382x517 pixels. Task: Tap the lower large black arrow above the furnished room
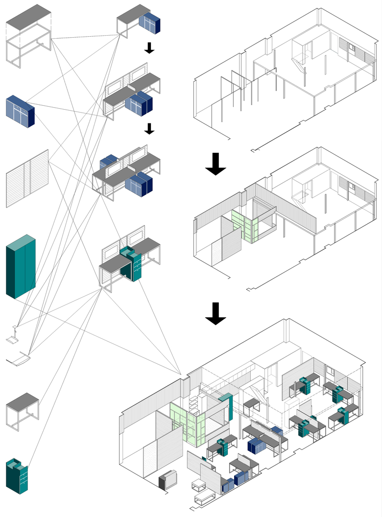[215, 313]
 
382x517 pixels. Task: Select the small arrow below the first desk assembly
[150, 47]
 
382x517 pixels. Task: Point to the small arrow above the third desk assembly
[150, 128]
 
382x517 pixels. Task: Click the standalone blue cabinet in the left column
[20, 112]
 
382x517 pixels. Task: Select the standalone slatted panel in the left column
[27, 179]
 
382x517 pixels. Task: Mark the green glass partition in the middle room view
[245, 225]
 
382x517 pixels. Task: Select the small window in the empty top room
[352, 47]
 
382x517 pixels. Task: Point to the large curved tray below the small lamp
[20, 359]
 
